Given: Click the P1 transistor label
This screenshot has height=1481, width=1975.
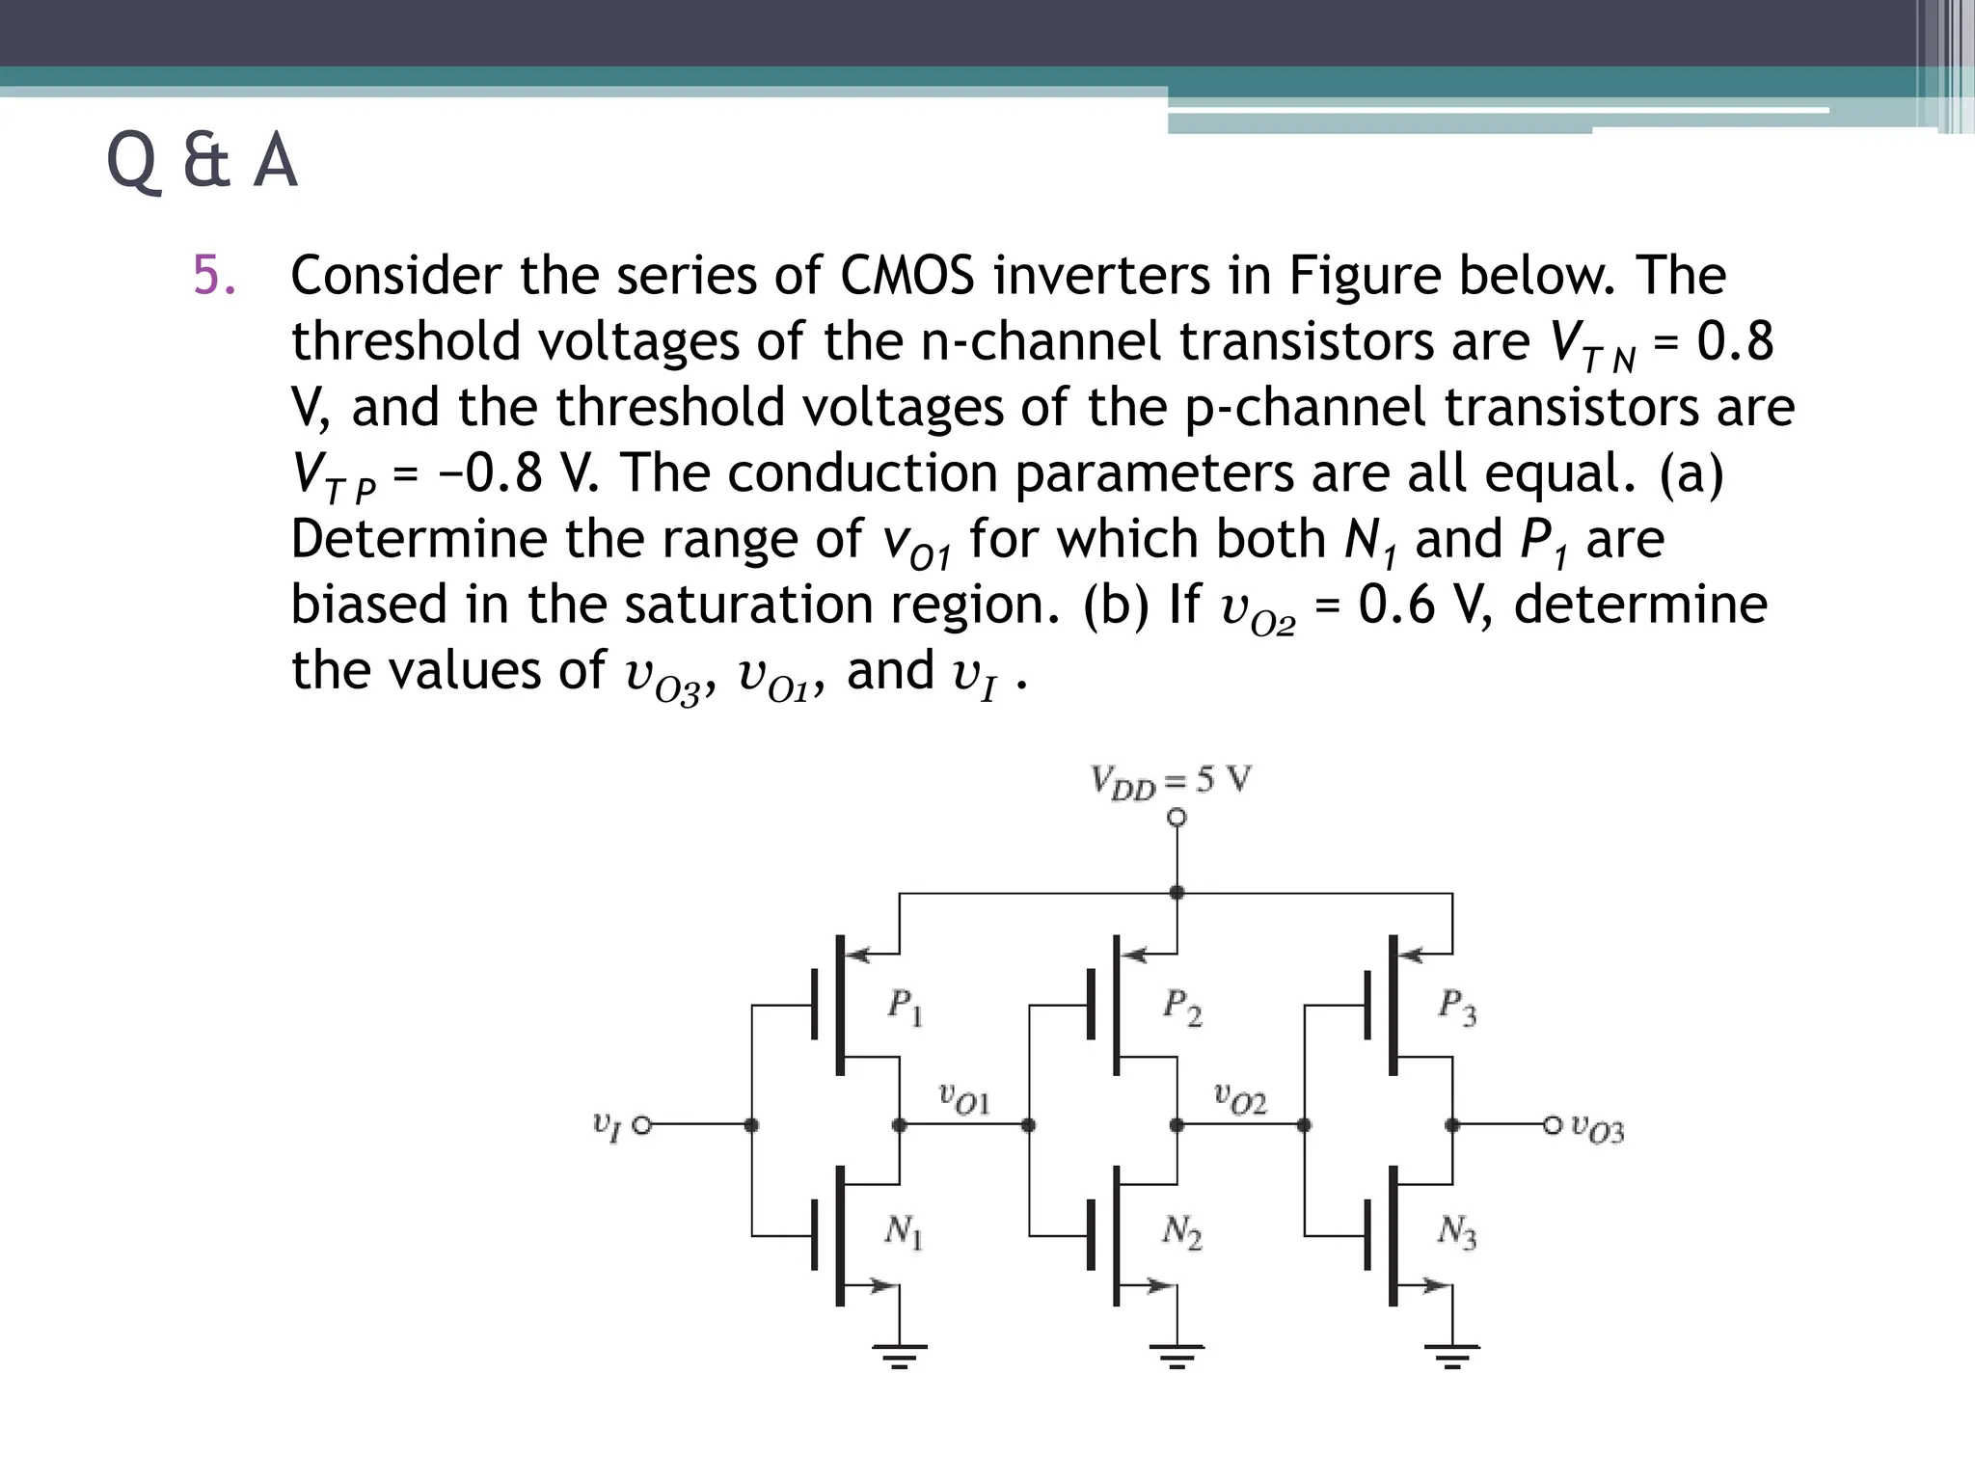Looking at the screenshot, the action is (x=905, y=1009).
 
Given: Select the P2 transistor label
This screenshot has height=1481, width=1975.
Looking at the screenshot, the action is (x=1181, y=1009).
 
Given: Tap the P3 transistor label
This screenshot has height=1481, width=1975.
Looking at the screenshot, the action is (x=1456, y=1009).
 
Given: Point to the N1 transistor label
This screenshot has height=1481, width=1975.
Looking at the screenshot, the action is (x=904, y=1231).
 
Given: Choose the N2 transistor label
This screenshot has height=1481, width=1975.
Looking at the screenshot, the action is (x=1181, y=1232).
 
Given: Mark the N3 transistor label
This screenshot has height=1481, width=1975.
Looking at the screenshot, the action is (x=1456, y=1232).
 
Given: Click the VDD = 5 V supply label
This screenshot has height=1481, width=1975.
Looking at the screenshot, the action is (x=1171, y=781).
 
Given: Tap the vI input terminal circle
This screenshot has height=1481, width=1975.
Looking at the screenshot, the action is (x=641, y=1124).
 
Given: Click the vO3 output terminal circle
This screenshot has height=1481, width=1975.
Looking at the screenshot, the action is (x=1552, y=1124).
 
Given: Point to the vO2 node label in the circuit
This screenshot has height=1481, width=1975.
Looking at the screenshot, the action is (x=1240, y=1099).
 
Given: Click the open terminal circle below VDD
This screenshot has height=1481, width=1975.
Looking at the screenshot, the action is (x=1177, y=818).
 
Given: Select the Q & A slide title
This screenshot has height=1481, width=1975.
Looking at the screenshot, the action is (x=202, y=162).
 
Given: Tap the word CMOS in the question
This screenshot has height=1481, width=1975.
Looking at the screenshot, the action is (x=907, y=276).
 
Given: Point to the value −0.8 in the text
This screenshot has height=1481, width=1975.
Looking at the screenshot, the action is (x=490, y=473).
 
